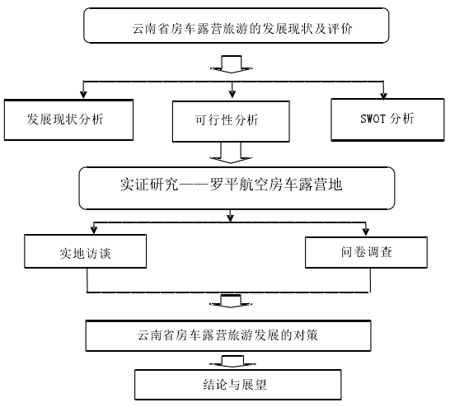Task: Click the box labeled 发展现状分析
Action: (68, 120)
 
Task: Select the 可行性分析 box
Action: (231, 121)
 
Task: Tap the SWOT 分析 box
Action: (387, 120)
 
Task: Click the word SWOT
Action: (373, 119)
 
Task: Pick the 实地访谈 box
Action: (86, 251)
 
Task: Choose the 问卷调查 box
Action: (366, 252)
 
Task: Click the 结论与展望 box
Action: (238, 385)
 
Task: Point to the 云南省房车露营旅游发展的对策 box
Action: (228, 335)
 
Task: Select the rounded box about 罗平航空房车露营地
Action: (237, 188)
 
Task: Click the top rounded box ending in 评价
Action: (237, 26)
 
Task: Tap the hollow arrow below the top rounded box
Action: (232, 64)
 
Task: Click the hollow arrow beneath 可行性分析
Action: (231, 153)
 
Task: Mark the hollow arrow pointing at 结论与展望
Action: (232, 362)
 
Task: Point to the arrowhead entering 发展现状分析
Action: (83, 95)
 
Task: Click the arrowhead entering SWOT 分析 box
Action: (384, 96)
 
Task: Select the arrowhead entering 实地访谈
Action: (94, 231)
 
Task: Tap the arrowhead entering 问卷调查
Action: (366, 232)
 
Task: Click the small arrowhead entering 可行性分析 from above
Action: (232, 95)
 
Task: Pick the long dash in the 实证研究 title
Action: (194, 185)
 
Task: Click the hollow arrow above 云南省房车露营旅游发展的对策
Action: (231, 302)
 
